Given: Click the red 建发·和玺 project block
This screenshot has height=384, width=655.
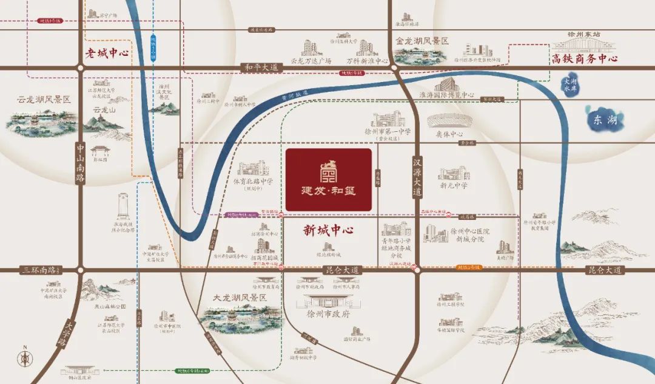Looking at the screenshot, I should tap(328, 180).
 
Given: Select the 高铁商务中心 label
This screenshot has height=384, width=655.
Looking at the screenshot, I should tap(584, 58).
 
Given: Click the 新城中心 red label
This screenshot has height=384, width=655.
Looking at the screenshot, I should tap(328, 230).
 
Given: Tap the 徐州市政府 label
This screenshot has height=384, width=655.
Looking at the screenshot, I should tap(329, 314).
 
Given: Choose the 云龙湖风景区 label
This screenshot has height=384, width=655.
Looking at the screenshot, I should tap(44, 99).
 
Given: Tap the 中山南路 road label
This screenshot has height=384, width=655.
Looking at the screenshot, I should tap(80, 163).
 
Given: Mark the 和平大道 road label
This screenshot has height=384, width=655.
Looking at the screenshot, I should tap(261, 67).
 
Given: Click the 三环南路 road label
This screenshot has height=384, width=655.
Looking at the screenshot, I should tap(38, 269).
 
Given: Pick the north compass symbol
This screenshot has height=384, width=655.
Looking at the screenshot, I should tap(24, 358).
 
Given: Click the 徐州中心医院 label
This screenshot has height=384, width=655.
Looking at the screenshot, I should tap(470, 232).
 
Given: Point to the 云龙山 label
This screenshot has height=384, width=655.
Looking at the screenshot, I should tap(103, 110).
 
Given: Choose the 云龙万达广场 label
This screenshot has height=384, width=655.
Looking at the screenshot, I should tap(311, 61).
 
